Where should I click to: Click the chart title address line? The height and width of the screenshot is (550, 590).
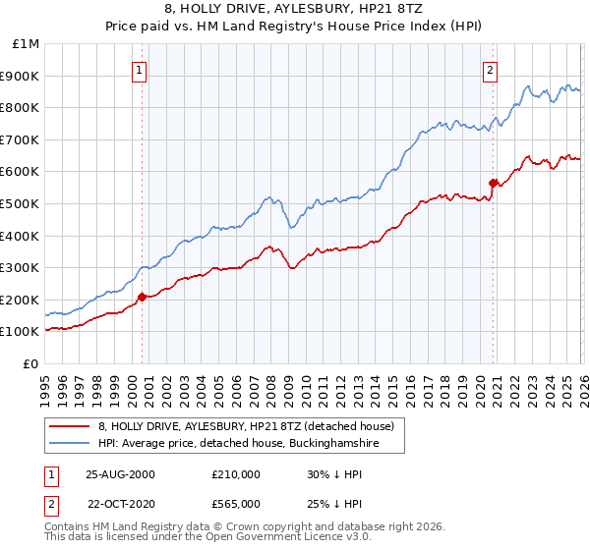point(295,9)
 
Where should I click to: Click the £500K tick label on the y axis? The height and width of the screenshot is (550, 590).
point(20,203)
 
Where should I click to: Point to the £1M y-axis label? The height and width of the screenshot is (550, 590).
point(26,44)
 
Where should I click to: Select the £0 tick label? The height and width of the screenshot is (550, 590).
point(31,363)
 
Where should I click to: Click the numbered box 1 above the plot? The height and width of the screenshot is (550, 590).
point(140,70)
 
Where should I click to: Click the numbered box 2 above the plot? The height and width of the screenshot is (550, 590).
point(490,70)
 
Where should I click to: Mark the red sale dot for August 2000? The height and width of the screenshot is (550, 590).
point(143,296)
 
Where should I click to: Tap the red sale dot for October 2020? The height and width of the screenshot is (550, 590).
point(494,182)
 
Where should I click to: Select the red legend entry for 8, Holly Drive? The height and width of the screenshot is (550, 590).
point(246,426)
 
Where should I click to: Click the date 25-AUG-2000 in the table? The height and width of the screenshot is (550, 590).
point(121,474)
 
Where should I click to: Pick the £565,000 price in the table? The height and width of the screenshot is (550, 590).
point(235,503)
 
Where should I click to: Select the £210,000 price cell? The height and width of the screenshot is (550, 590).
point(235,474)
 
